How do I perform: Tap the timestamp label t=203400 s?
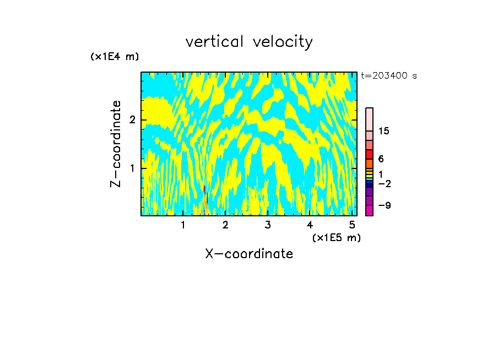tap(389, 76)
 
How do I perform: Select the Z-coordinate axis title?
tap(116, 144)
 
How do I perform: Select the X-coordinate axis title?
tap(249, 254)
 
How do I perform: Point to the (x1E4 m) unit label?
tap(115, 57)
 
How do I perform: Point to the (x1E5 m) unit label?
tap(336, 237)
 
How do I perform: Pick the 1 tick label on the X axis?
tap(183, 225)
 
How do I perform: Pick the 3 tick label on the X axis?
tap(268, 225)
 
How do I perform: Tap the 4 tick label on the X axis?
tap(310, 225)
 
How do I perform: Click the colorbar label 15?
tap(384, 131)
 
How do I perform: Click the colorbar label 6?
tap(381, 159)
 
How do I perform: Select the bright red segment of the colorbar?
tap(370, 154)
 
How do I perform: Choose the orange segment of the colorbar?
tap(370, 163)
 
